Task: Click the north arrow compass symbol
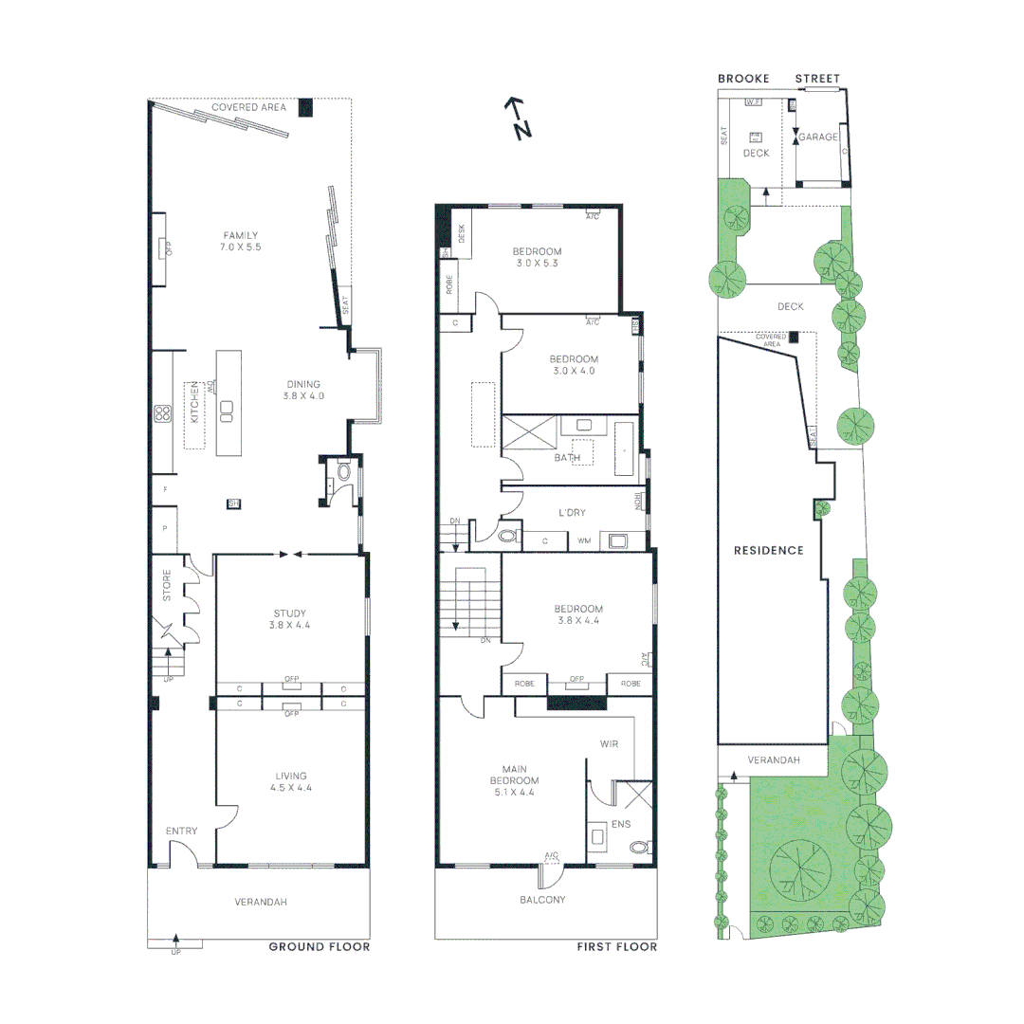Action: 517,119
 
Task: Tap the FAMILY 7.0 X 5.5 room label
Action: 241,241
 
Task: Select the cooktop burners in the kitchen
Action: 162,412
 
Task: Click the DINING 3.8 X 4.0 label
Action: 305,390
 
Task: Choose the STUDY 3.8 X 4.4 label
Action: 290,619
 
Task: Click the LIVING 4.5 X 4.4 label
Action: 290,781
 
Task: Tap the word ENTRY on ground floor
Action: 181,832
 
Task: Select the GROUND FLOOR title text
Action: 319,946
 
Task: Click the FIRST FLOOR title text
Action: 616,946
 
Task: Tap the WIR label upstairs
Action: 609,744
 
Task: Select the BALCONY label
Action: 542,899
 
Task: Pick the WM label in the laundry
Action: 584,541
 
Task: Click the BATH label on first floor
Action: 566,458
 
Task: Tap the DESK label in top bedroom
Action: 462,233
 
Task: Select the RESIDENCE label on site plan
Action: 768,550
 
